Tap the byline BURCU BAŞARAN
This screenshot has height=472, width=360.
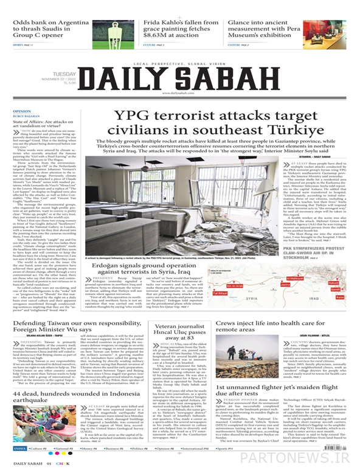pos(24,117)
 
